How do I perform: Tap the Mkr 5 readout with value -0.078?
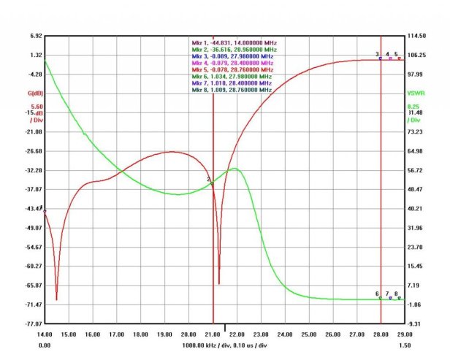tap(232, 69)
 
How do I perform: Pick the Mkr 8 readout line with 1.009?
tap(232, 90)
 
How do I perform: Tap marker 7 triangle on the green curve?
tap(390, 298)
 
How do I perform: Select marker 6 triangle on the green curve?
tap(380, 298)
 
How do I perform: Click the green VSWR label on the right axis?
tap(414, 93)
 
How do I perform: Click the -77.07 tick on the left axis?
tap(34, 323)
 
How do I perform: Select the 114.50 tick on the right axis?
tap(416, 36)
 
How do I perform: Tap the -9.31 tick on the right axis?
tap(415, 323)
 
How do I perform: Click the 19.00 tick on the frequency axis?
tap(164, 334)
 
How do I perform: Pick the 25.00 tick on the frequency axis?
tap(308, 334)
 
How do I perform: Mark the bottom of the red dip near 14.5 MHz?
tap(56, 299)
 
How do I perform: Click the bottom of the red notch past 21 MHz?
tap(219, 283)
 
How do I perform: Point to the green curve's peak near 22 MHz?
tap(234, 169)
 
